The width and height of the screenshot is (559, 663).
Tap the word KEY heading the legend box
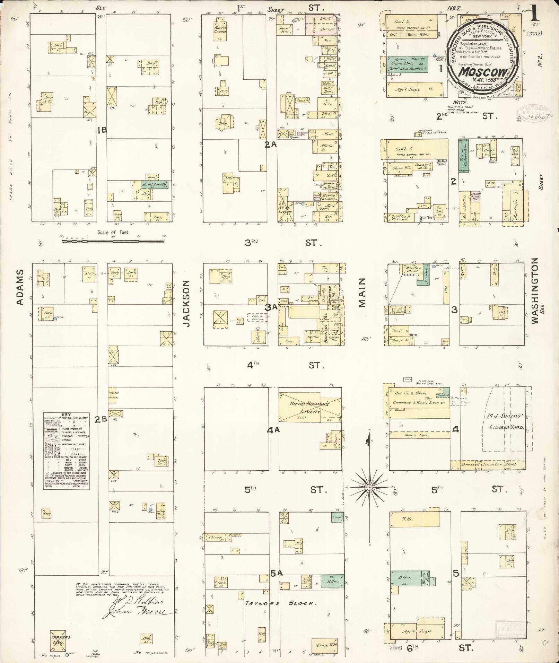click(66, 415)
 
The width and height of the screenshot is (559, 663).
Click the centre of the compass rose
click(369, 487)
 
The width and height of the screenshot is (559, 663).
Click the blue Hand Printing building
click(155, 185)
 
